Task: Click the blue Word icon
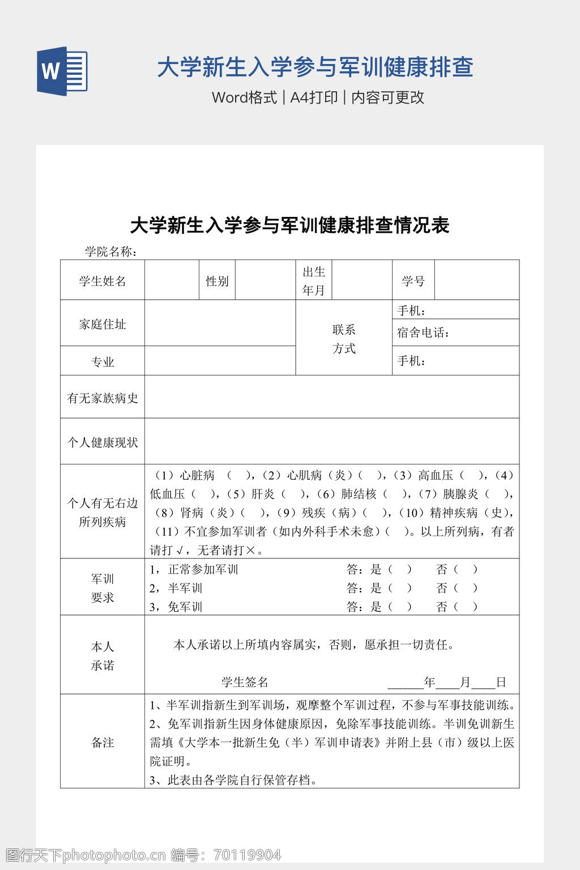pos(62,71)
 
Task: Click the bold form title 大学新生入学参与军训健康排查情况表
pos(289,225)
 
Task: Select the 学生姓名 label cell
pos(103,281)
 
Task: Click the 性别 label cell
pos(217,281)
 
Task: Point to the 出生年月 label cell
pos(314,281)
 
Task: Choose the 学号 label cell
pos(413,281)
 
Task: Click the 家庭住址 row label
pos(103,324)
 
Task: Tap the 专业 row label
pos(103,362)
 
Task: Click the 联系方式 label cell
pos(344,339)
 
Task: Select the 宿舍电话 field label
pos(423,332)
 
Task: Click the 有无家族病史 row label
pos(103,398)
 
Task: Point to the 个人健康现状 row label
pos(103,442)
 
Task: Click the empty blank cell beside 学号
pos(476,280)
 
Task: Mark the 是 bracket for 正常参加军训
pos(400,569)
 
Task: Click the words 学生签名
pos(245,682)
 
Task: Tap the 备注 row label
pos(103,743)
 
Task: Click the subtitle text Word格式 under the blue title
pos(244,97)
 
